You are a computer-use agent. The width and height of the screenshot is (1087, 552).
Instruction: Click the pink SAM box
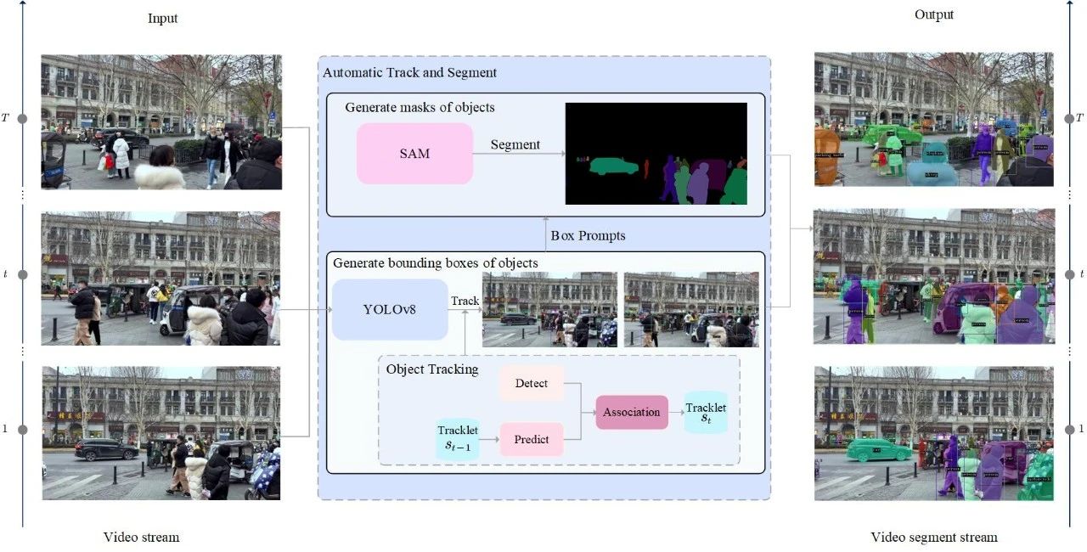(x=414, y=154)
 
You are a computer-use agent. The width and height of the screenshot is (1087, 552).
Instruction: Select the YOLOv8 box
(x=390, y=310)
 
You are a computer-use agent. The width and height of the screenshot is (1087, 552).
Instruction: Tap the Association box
(x=631, y=412)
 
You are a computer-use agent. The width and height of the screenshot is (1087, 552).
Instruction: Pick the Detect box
(x=532, y=383)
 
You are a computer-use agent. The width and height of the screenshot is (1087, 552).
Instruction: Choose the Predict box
(x=532, y=439)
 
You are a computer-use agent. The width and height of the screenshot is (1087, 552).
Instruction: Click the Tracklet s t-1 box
(x=458, y=439)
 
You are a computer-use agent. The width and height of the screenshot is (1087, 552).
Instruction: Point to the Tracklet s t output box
(x=706, y=413)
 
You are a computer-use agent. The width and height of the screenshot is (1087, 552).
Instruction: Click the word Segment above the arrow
(x=515, y=144)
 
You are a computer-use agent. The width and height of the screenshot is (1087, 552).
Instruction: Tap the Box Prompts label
(x=588, y=235)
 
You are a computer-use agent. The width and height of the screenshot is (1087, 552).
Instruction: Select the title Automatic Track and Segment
(x=409, y=72)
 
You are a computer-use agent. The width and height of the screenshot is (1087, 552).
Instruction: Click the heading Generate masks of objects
(x=420, y=108)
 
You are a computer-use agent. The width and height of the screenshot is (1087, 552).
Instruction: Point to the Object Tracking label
(x=431, y=369)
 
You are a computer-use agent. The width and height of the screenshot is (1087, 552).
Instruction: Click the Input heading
(x=163, y=19)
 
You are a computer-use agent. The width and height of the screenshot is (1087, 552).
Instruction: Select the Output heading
(x=934, y=14)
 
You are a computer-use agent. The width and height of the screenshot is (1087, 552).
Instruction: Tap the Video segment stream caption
(x=934, y=537)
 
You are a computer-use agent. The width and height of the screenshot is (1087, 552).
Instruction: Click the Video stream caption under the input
(x=141, y=537)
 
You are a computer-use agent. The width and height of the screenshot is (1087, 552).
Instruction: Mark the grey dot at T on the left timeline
(x=23, y=118)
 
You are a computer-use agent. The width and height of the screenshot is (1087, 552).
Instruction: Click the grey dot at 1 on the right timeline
(x=1068, y=430)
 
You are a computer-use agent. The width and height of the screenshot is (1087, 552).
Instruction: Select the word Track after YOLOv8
(x=465, y=301)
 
